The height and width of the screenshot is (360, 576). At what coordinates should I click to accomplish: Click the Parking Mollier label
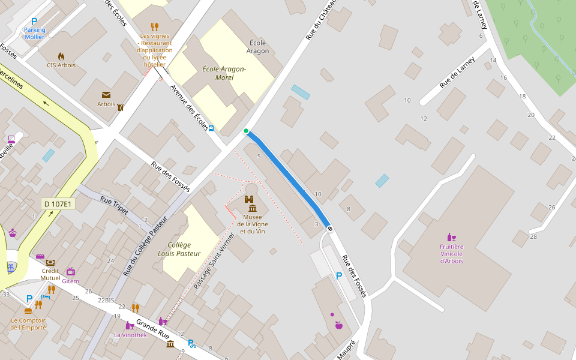pos(34,33)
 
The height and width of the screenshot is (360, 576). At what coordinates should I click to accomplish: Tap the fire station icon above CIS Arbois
pos(61,56)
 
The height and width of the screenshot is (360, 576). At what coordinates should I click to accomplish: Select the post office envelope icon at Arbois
pos(106,95)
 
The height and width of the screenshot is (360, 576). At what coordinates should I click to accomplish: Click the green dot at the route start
pos(246,131)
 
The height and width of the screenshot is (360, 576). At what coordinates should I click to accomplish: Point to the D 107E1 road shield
pos(58,204)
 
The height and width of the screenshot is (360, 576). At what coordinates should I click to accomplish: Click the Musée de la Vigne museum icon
pos(251,208)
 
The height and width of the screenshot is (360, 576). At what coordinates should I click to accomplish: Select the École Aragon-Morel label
pos(224,73)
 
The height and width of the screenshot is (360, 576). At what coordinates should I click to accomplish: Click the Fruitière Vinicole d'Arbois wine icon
pos(451,237)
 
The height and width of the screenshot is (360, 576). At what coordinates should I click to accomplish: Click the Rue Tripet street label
pos(114,205)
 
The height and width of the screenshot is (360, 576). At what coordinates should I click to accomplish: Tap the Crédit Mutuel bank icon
pos(50,263)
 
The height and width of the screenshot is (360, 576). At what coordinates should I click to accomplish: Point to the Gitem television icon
pos(71,271)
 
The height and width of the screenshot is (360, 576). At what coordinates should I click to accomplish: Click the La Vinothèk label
pos(130,335)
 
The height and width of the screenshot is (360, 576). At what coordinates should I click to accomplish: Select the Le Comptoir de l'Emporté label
pos(28,324)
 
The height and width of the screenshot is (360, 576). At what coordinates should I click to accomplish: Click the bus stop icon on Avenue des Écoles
pos(211,128)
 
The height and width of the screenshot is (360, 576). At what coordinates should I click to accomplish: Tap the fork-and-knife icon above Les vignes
pos(154,26)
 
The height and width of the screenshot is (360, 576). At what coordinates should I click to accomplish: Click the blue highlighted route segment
pos(288,180)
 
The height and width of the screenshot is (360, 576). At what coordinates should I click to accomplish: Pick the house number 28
pos(533,236)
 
